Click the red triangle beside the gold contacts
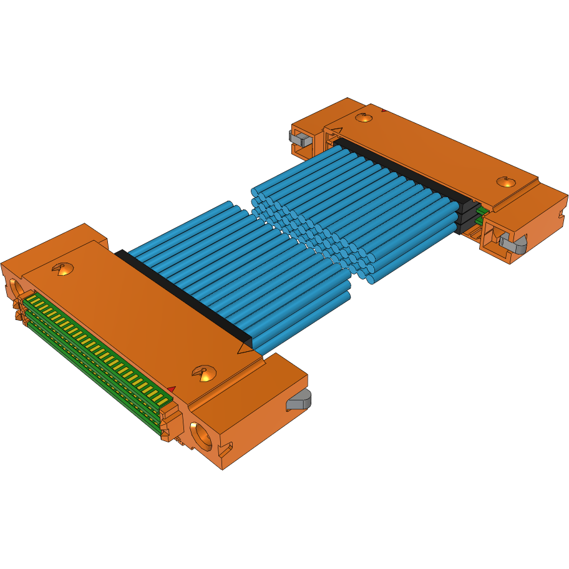(171, 389)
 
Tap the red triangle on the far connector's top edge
(382, 110)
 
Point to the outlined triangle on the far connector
(335, 132)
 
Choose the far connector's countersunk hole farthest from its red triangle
(505, 182)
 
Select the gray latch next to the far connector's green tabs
(512, 242)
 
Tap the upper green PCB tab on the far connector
(482, 210)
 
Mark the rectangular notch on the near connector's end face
(228, 447)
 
